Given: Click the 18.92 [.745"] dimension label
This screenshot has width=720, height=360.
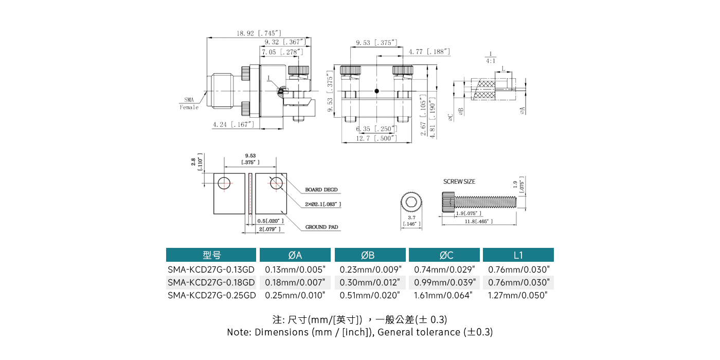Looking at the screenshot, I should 259,33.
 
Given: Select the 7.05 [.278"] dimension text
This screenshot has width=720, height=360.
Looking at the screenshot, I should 282,52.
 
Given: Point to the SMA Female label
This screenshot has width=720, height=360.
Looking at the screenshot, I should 189,103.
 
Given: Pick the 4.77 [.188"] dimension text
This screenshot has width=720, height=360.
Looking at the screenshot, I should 429,51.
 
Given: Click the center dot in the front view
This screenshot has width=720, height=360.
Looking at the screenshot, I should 377,91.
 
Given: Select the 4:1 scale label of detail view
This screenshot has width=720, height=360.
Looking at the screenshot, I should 491,61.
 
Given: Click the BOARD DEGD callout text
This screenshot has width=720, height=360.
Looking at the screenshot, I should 321,190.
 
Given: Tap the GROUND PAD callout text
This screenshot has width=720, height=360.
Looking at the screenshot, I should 322,227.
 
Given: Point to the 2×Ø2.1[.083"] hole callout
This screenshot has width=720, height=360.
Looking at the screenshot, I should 323,204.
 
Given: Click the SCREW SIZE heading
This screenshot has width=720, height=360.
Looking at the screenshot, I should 459,182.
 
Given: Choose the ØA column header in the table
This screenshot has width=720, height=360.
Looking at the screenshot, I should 295,255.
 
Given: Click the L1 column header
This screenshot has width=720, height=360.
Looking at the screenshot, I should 518,255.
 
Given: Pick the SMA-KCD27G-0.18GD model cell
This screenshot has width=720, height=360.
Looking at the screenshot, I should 211,282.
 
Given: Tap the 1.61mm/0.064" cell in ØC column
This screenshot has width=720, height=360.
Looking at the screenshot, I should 444,295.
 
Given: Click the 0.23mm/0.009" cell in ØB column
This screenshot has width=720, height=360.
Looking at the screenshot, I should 370,269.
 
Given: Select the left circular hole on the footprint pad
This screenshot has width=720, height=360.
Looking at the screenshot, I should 224,183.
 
